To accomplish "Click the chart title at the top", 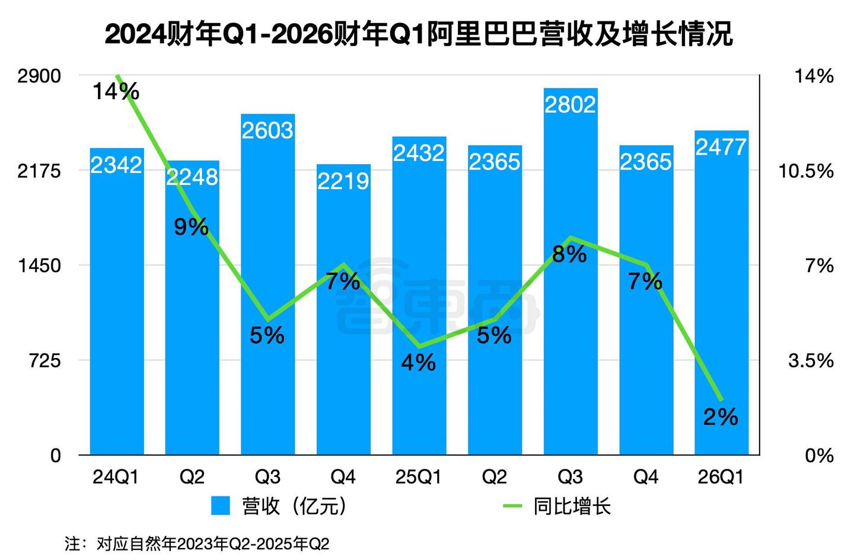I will tap(419, 34).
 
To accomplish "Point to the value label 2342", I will tap(116, 165).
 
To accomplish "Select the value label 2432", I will tap(419, 153).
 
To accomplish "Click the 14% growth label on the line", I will tap(116, 91).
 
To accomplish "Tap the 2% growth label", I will tap(721, 417).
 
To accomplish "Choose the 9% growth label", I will tap(191, 226).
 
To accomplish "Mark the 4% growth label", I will tap(418, 362).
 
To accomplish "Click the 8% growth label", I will tap(569, 254).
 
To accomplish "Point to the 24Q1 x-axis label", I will tap(116, 476).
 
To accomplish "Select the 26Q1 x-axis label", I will tap(721, 476).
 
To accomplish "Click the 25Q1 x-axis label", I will tap(418, 476).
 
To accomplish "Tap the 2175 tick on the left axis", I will tap(39, 171).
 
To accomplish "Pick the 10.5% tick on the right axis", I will tap(805, 171).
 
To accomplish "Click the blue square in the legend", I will tap(220, 506).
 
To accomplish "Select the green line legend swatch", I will tap(512, 506).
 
